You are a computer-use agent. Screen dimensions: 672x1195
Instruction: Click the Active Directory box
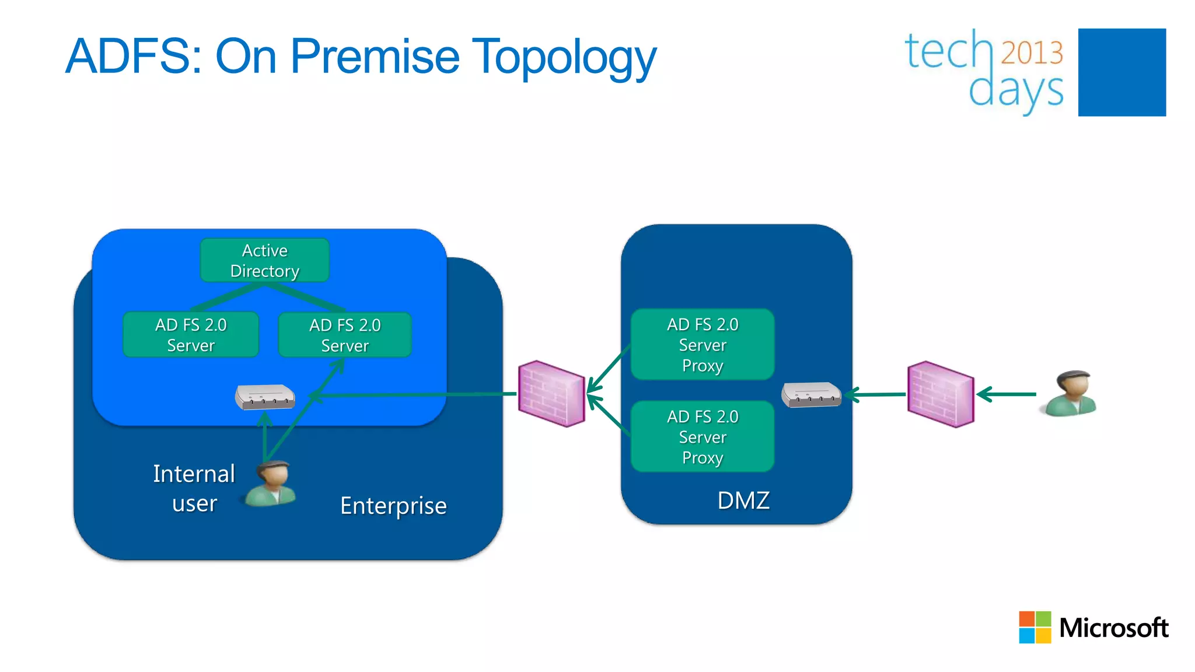click(264, 260)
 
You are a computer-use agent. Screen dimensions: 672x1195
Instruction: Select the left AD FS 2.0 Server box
click(191, 334)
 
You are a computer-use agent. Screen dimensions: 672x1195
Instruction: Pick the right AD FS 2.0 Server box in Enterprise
click(345, 335)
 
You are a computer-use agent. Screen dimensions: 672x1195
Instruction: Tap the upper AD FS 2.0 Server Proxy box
click(703, 344)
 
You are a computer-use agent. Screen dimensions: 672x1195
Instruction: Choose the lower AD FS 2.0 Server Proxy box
click(703, 436)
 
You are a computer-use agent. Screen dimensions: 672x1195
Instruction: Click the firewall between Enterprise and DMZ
click(551, 394)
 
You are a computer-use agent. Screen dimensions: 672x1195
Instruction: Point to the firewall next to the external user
click(941, 394)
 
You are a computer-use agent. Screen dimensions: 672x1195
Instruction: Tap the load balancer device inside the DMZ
click(811, 395)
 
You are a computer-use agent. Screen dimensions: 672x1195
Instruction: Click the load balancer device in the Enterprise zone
click(265, 397)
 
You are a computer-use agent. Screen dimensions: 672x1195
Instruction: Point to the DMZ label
click(743, 501)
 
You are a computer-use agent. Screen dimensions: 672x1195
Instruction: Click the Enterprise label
click(393, 505)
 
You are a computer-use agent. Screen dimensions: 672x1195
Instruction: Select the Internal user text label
click(194, 488)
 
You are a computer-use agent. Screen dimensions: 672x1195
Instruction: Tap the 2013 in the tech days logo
click(1032, 52)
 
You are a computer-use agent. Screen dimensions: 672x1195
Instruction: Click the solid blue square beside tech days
click(1121, 72)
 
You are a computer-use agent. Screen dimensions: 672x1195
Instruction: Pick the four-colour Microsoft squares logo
click(1035, 627)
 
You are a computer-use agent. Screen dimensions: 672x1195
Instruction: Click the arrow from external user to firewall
click(1007, 394)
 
